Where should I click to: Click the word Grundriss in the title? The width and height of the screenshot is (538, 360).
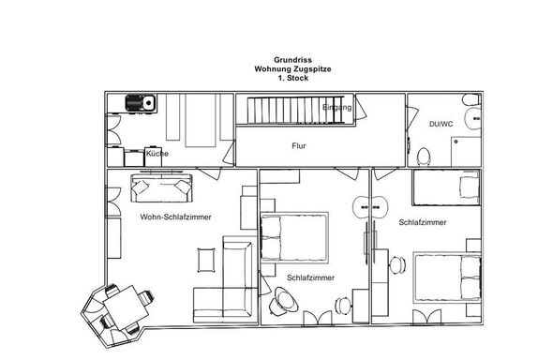tap(292, 60)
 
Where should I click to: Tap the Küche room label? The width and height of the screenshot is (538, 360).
tap(157, 154)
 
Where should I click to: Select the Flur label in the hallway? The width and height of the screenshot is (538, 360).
tap(299, 146)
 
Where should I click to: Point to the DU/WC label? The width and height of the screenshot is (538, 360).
tap(441, 124)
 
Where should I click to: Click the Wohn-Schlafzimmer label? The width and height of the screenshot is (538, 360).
tap(175, 217)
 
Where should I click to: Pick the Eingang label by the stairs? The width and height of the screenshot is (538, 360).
tap(336, 108)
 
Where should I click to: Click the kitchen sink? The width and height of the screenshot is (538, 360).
tap(141, 102)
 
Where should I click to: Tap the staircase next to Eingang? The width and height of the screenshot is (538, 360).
tap(295, 110)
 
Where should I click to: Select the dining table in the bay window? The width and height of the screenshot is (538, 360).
tap(126, 307)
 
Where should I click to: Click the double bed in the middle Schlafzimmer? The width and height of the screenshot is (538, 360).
tap(294, 238)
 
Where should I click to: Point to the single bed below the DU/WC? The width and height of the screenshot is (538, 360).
tap(446, 187)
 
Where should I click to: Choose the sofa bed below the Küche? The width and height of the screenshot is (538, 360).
tap(161, 187)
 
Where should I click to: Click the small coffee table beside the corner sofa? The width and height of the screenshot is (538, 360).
tap(206, 260)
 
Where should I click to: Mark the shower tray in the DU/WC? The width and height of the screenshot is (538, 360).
tap(466, 152)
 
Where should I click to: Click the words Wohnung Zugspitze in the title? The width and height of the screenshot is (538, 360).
tap(292, 69)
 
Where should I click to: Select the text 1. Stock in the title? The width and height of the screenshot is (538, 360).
tap(293, 78)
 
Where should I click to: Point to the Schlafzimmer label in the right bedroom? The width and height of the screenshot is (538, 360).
tap(423, 222)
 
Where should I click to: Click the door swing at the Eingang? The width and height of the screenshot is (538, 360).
tap(361, 108)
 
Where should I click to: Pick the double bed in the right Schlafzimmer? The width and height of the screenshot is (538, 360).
tap(447, 277)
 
